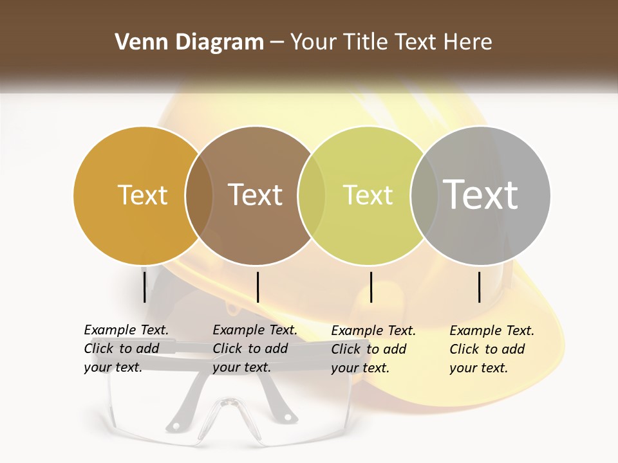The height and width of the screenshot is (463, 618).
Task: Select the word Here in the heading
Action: click(468, 42)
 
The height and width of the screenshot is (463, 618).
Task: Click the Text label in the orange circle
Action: click(142, 195)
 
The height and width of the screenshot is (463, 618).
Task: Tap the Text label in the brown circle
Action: click(256, 195)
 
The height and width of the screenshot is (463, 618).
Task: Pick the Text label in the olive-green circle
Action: click(368, 195)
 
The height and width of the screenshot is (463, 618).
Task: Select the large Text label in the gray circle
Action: click(481, 195)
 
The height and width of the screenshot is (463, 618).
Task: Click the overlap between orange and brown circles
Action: click(199, 195)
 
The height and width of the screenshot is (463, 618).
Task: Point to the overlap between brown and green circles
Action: click(312, 195)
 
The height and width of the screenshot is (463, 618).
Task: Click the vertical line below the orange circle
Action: click(144, 287)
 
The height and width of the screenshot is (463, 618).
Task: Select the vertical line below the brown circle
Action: click(257, 287)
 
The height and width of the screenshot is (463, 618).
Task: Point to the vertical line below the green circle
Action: click(371, 287)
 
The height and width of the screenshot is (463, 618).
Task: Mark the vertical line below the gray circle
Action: click(479, 287)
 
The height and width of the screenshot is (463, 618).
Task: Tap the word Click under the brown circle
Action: click(228, 349)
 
